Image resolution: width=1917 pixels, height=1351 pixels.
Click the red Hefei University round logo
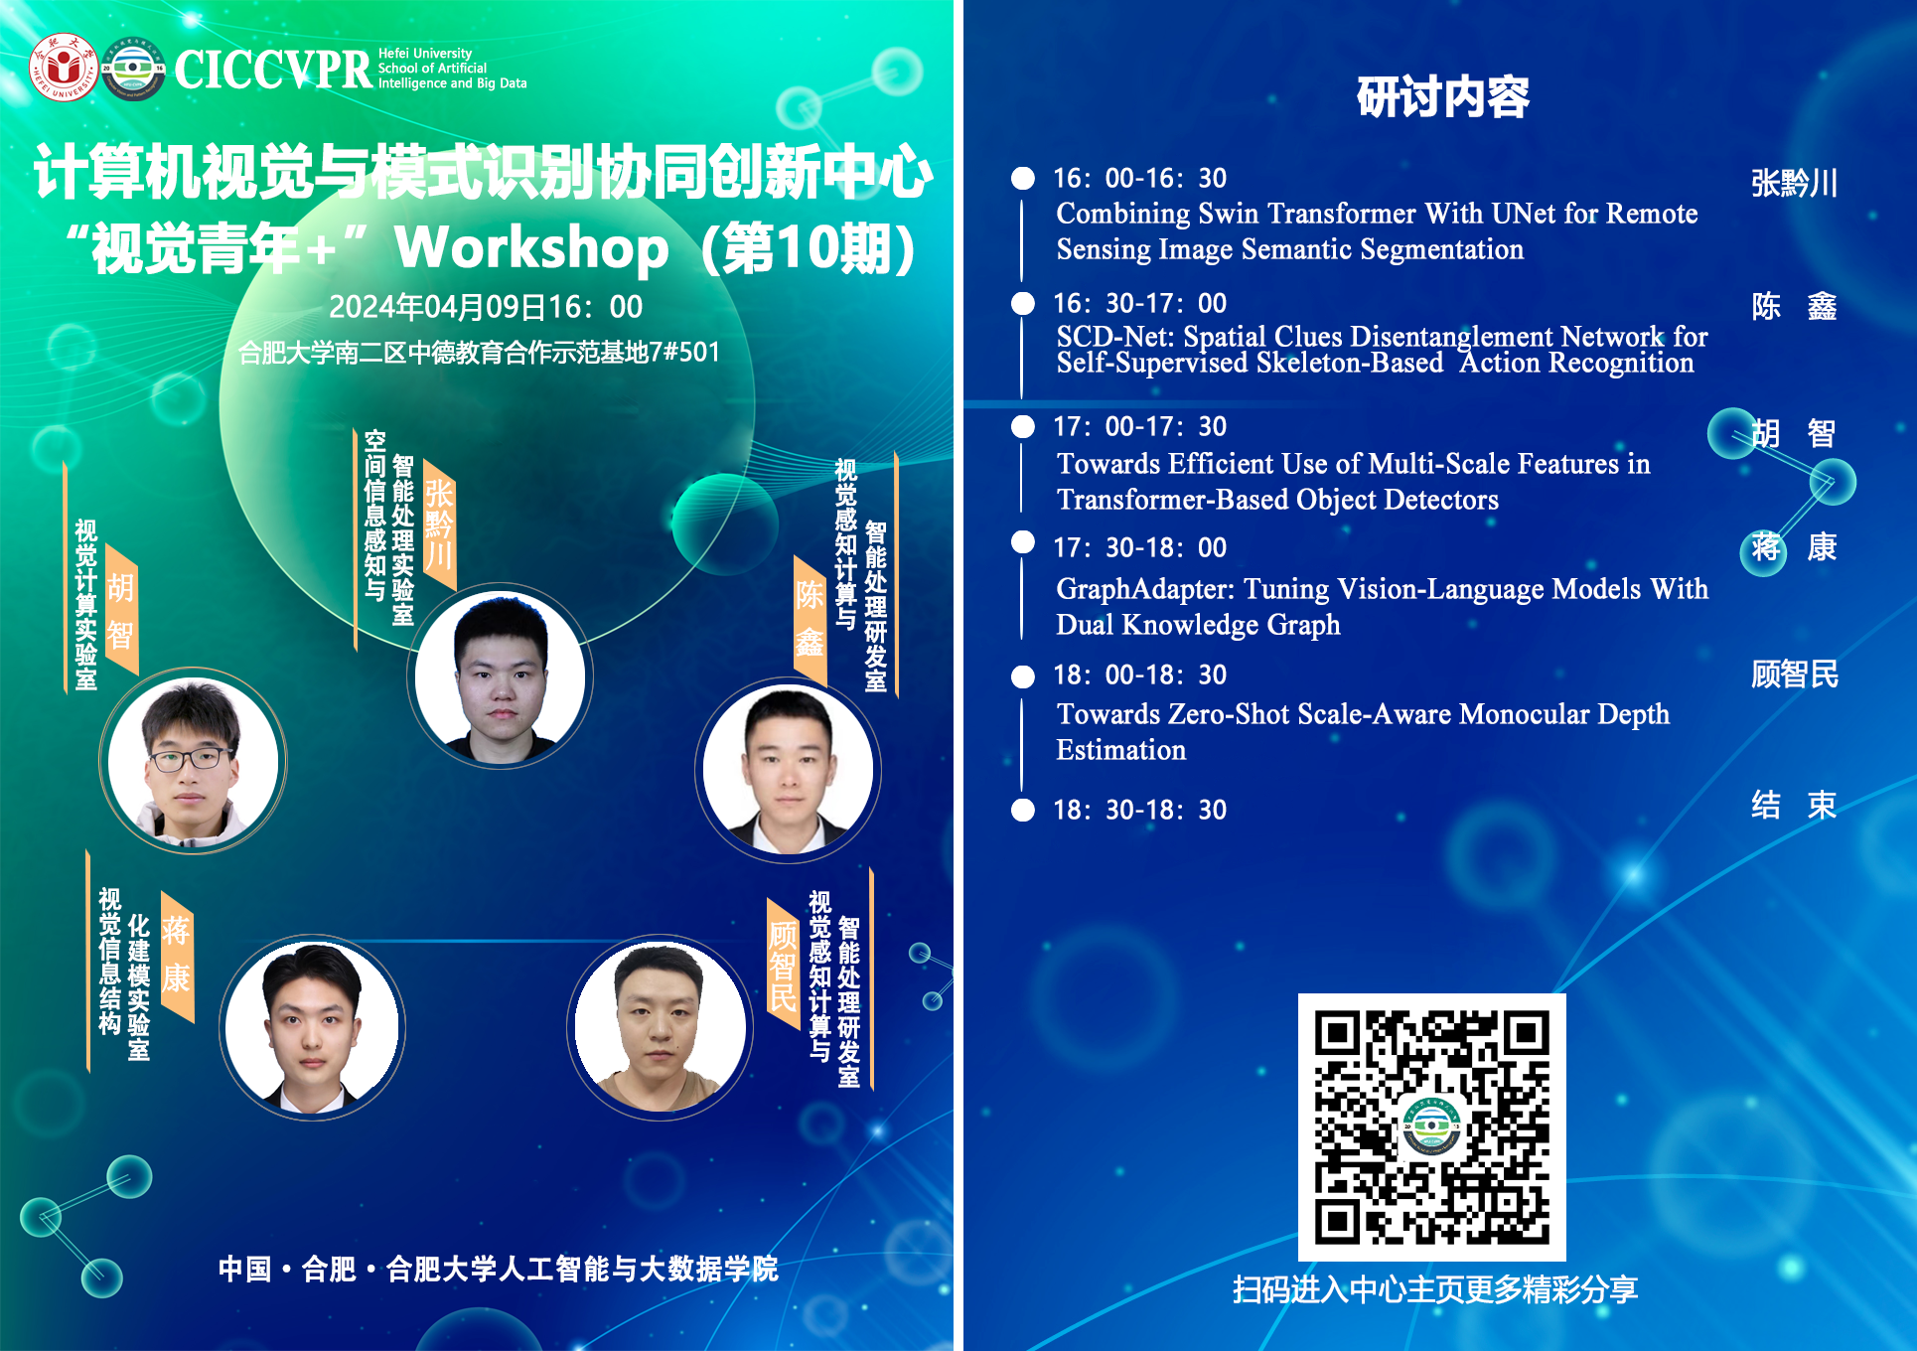65,68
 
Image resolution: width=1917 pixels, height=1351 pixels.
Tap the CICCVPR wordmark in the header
273,70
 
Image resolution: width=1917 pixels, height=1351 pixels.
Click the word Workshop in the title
532,248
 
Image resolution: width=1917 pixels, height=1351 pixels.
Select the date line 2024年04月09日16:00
486,307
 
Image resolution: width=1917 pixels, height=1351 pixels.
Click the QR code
1431,1127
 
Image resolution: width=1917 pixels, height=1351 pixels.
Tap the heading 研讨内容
1442,96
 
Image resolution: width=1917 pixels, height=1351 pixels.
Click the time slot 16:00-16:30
1139,178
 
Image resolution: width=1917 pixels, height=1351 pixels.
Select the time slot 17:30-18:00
1139,547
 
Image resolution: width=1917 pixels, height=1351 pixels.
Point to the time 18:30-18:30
1139,810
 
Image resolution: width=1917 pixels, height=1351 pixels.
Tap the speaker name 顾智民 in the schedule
1794,675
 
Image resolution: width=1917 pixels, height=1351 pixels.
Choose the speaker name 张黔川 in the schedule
1794,183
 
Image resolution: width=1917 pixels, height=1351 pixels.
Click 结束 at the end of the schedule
1794,805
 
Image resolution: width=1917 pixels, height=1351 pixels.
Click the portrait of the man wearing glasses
194,761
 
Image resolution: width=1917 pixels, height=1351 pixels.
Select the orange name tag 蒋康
177,955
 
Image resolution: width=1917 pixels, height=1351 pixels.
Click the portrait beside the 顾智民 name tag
660,1027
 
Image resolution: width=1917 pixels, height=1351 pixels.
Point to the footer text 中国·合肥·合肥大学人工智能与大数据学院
499,1269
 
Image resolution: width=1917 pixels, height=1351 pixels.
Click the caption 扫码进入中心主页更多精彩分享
1435,1289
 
